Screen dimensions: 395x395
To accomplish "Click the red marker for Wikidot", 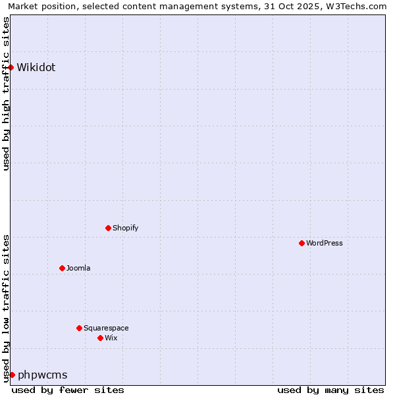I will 11,67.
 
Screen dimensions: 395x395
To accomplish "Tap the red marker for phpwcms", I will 12,375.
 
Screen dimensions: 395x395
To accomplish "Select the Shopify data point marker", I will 108,228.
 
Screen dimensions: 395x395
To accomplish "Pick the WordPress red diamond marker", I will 302,243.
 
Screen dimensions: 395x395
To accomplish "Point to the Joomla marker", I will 62,268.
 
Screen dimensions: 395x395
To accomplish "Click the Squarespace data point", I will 79,328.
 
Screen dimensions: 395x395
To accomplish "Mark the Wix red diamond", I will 100,338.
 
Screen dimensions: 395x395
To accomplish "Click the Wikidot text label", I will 36,67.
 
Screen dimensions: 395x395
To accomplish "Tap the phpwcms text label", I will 43,375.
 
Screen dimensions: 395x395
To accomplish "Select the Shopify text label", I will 125,228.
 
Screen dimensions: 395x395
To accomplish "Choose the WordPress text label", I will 324,243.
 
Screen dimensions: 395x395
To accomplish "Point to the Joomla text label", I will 78,268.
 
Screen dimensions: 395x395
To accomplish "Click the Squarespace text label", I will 106,328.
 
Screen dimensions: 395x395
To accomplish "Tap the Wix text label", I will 111,338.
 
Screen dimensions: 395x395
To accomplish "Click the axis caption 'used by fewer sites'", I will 68,390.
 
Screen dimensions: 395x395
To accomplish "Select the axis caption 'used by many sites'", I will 330,390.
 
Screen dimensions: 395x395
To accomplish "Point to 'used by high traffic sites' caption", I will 6,93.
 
